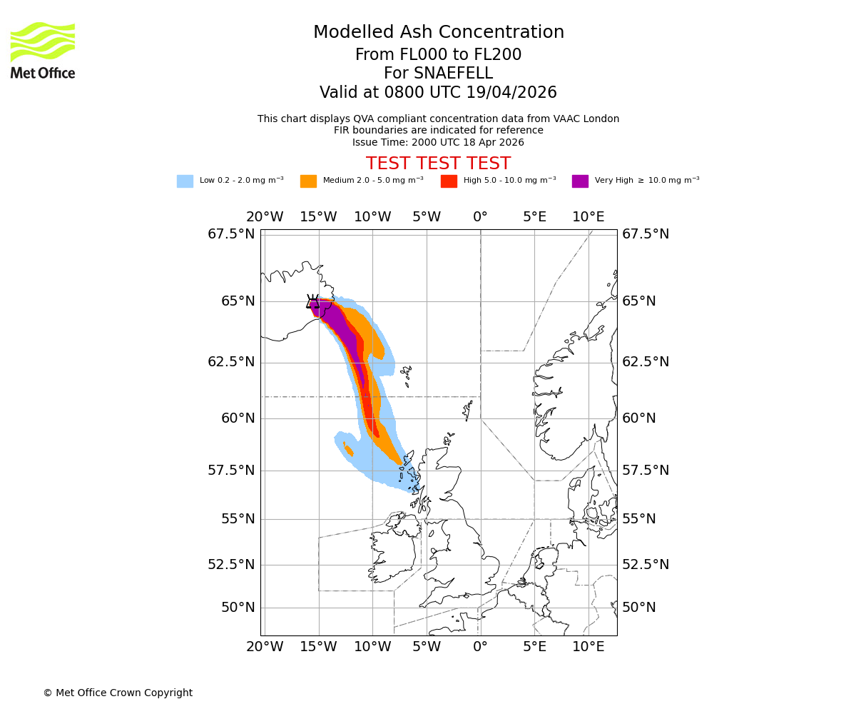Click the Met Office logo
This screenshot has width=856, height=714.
43,50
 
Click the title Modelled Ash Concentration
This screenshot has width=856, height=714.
438,32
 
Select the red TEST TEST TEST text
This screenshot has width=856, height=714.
438,164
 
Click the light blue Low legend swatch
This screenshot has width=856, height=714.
185,181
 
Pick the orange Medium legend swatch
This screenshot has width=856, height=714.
308,181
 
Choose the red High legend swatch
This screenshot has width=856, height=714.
449,181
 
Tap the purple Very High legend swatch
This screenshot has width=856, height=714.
580,181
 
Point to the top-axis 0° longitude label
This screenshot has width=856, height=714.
480,217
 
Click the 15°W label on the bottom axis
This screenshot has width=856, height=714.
318,647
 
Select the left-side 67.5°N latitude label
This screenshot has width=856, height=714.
231,234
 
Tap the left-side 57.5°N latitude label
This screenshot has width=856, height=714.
231,470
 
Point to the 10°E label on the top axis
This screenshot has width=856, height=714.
588,217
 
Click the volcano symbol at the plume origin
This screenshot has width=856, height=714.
312,301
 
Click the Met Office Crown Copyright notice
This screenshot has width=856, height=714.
118,693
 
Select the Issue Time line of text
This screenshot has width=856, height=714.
438,142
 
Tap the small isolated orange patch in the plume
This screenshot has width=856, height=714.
348,449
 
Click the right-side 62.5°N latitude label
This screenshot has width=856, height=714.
646,362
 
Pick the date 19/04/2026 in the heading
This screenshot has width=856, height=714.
511,93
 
